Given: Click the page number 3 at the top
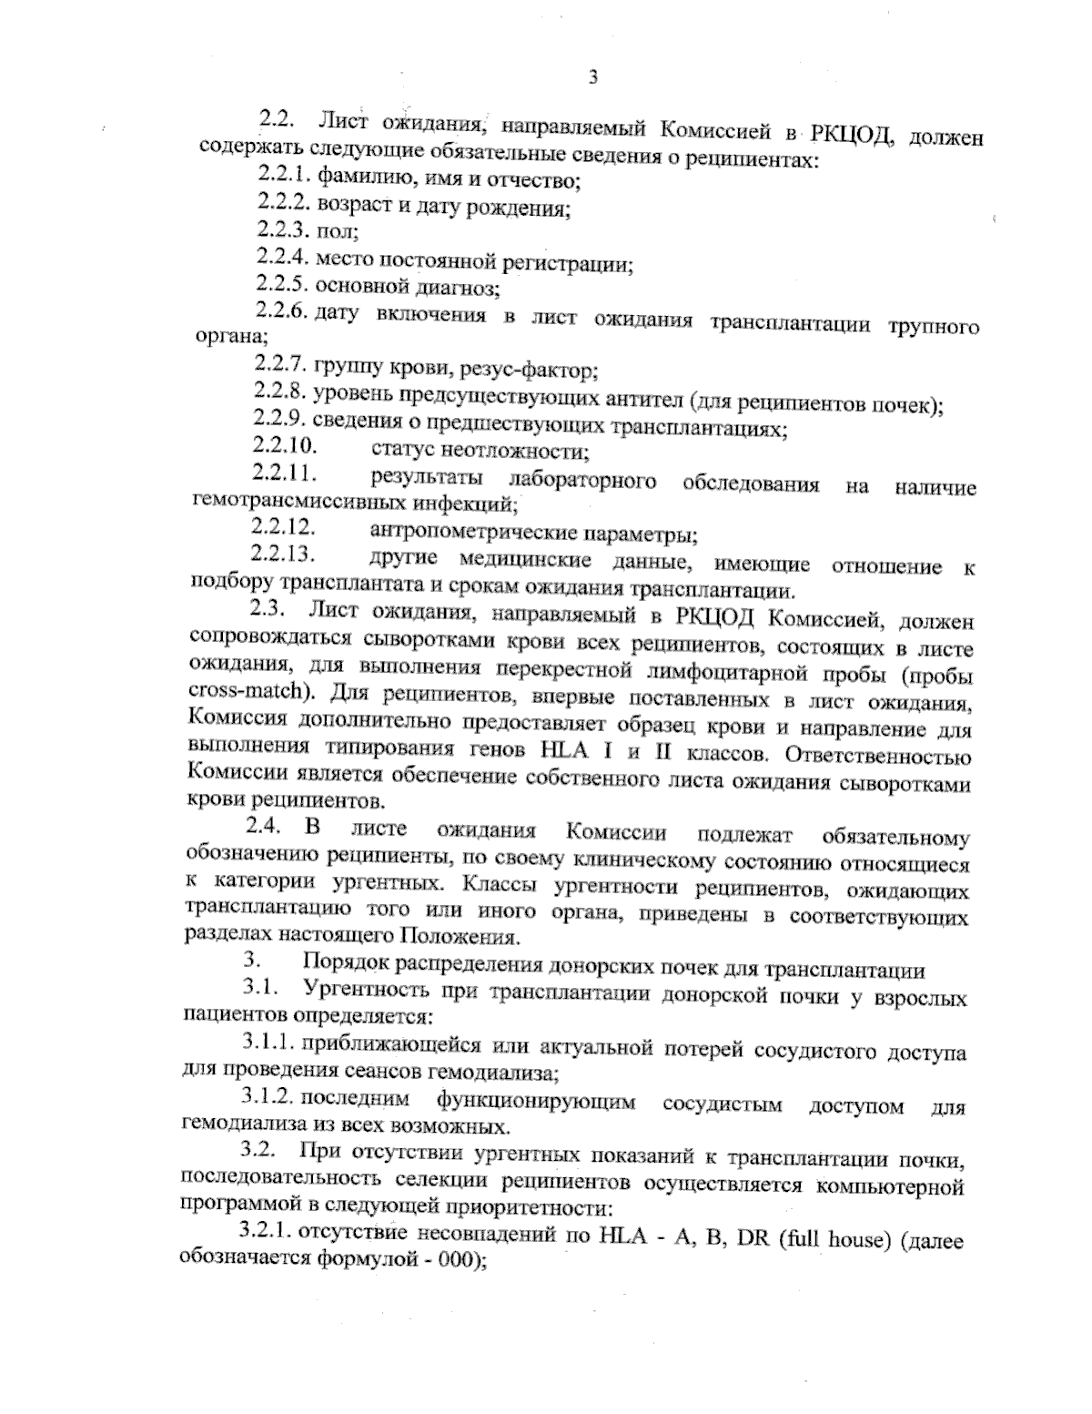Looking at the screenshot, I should tap(592, 77).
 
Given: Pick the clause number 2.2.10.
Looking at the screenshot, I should tap(284, 447).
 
